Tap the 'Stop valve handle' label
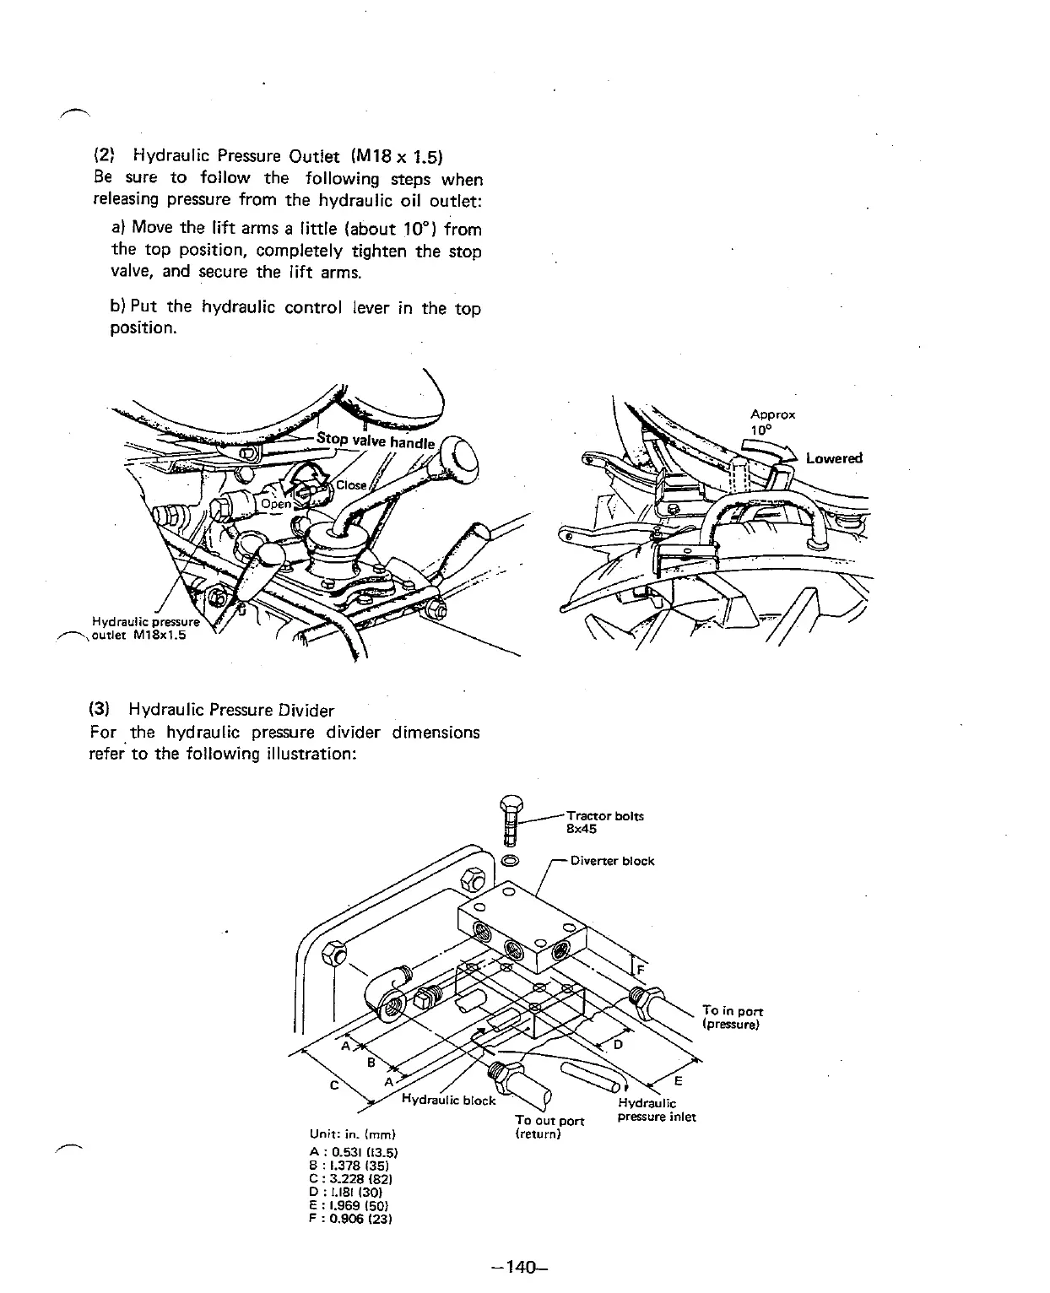[x=375, y=441]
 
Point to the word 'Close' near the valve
[x=351, y=485]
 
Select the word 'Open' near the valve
[x=276, y=504]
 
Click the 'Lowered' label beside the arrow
[x=834, y=458]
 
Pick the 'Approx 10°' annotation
[x=772, y=421]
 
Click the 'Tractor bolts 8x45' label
[x=604, y=822]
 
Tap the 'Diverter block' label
[x=612, y=861]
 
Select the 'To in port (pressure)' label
[x=732, y=1017]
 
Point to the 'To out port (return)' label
[x=549, y=1127]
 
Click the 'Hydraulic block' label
[x=448, y=1100]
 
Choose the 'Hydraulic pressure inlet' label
[x=656, y=1110]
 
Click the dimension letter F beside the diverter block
[x=639, y=970]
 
